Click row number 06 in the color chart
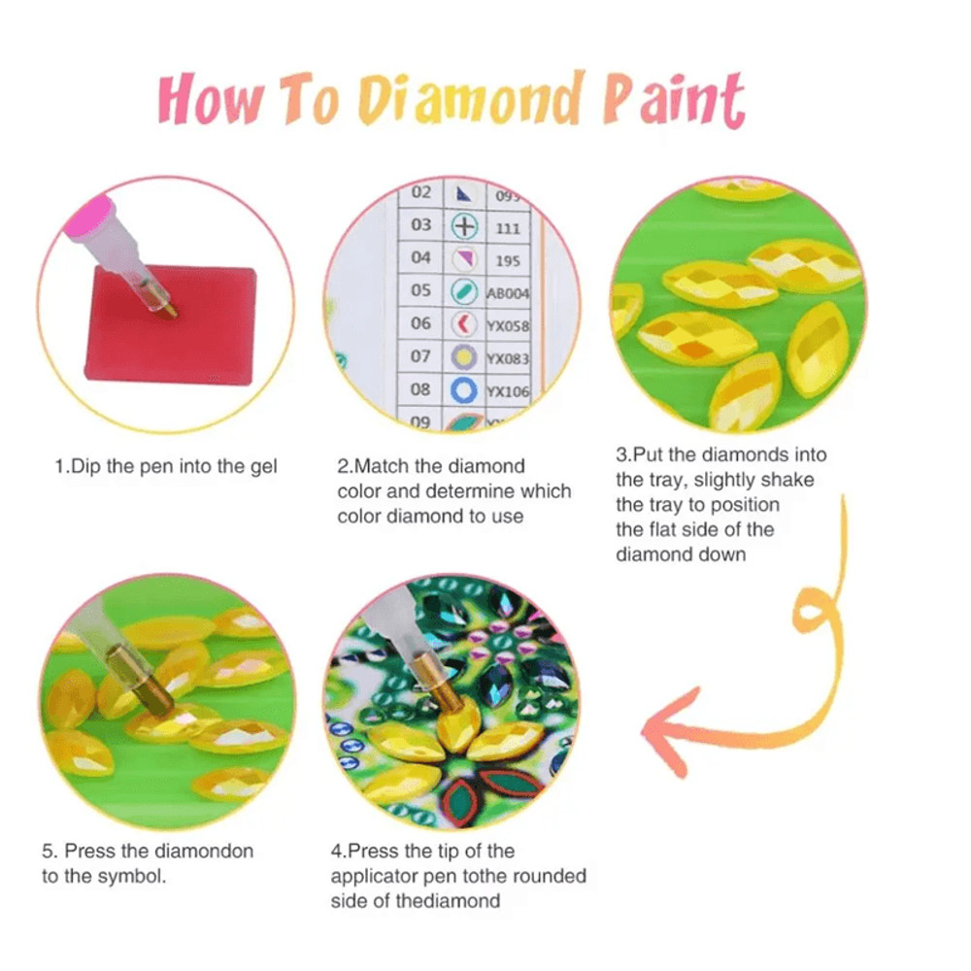point(420,322)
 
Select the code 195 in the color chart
point(508,260)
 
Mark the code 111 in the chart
point(508,228)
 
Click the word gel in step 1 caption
point(261,467)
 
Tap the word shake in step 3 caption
point(788,480)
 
